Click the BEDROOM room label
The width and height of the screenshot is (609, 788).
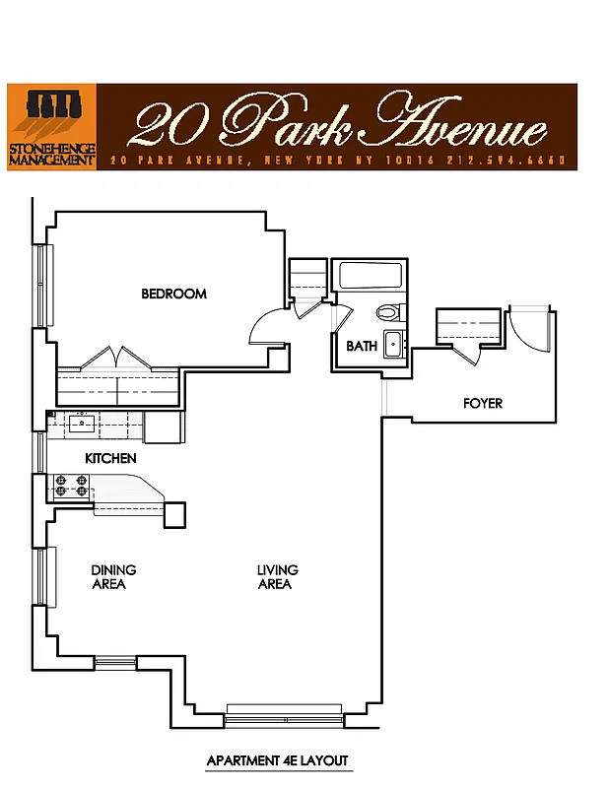173,294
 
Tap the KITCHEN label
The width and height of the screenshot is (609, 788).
110,459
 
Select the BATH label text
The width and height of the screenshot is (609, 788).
362,347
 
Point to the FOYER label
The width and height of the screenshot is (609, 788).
483,404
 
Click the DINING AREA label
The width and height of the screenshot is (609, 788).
113,577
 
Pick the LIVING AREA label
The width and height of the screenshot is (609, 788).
277,577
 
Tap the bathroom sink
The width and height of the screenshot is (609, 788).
392,345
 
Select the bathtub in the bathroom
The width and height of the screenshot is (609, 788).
367,276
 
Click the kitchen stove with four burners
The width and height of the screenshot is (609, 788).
71,486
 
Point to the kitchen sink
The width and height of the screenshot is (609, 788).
81,424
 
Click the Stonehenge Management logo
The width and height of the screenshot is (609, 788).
51,126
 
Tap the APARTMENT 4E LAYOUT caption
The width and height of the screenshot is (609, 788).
277,761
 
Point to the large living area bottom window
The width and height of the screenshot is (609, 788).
285,712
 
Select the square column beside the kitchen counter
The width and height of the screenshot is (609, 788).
174,515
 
